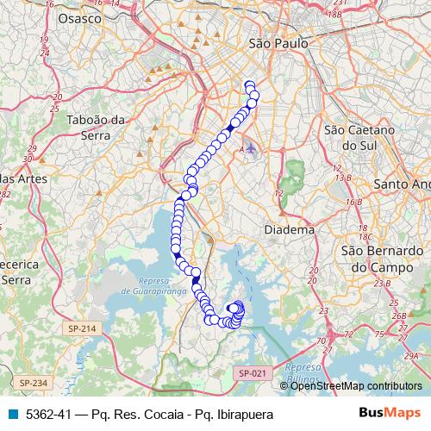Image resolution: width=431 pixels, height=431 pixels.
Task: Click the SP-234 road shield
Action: click(x=32, y=382)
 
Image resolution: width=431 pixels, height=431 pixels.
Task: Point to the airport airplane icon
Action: click(x=251, y=148)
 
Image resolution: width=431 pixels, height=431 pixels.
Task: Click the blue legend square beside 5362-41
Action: click(x=12, y=415)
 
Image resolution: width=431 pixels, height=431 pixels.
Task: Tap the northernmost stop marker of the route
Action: click(x=250, y=84)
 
